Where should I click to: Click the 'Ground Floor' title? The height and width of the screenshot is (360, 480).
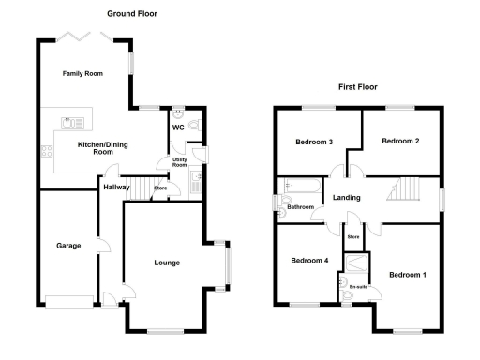pos(131,14)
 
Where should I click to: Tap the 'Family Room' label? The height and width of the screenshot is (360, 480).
pos(82,73)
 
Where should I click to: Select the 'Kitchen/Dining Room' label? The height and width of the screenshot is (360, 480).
pos(102,147)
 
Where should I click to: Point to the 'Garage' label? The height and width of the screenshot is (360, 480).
pos(67,247)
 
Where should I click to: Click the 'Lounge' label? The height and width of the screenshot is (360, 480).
pos(167,262)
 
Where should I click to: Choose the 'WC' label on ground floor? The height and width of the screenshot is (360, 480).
pos(177,127)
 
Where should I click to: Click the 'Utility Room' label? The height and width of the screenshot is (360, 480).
pos(178,162)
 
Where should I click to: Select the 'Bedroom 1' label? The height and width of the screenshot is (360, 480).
pos(408,275)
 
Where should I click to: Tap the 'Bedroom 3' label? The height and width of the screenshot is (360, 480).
pos(314,142)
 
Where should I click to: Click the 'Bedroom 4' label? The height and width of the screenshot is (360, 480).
pos(308,261)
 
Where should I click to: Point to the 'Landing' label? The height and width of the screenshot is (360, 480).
pos(349,197)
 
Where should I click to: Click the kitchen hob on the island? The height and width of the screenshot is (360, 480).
pos(70,122)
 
